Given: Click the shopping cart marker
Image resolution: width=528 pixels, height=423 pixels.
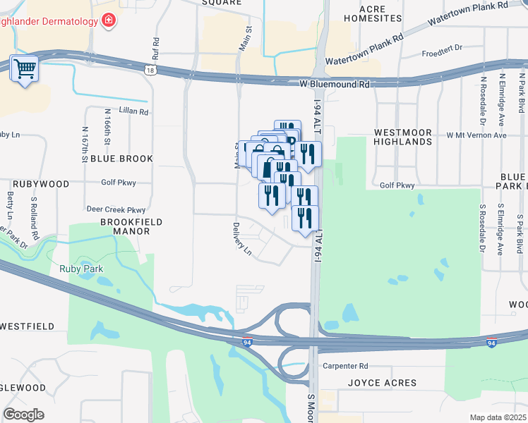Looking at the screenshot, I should pyautogui.click(x=25, y=69).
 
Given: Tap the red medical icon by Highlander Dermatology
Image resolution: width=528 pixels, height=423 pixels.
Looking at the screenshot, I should pyautogui.click(x=108, y=20).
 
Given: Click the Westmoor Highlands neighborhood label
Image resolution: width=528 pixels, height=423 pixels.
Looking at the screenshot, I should pyautogui.click(x=402, y=137).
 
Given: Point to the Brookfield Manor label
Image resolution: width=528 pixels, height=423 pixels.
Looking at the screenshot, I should pyautogui.click(x=121, y=226).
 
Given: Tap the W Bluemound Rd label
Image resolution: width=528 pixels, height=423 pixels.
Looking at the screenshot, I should pyautogui.click(x=334, y=84).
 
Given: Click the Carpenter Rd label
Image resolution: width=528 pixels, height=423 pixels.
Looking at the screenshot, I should pyautogui.click(x=345, y=366).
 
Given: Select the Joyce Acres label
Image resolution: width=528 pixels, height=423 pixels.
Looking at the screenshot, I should pyautogui.click(x=382, y=384).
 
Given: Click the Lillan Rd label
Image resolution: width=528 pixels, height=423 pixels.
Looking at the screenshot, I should pyautogui.click(x=134, y=111).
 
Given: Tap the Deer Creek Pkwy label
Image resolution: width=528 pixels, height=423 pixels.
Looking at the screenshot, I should pyautogui.click(x=115, y=209).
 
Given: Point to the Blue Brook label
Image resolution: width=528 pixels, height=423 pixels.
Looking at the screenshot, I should pyautogui.click(x=121, y=159).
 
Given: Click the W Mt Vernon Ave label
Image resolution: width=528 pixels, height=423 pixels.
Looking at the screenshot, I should pyautogui.click(x=476, y=135).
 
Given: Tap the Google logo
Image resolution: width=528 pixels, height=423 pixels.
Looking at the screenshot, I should pyautogui.click(x=23, y=415).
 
